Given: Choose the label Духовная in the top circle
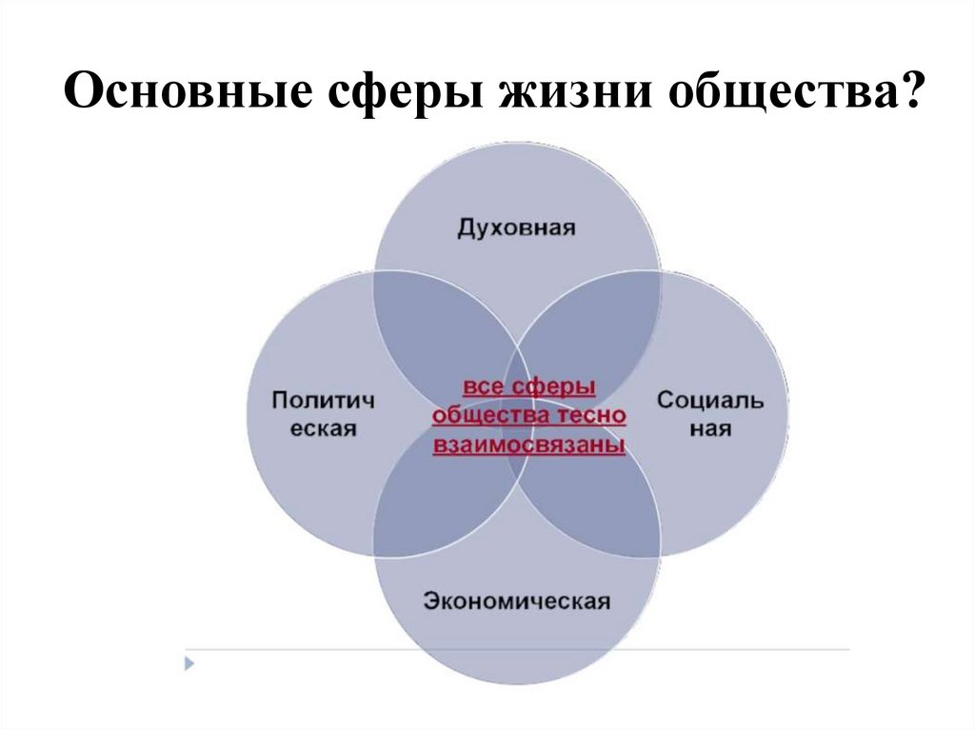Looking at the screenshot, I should [x=516, y=227].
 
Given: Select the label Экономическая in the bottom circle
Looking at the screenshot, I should [x=516, y=601].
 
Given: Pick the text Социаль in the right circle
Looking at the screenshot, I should [x=709, y=400].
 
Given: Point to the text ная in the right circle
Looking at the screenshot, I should [x=710, y=428].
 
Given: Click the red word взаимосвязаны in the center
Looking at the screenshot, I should [x=528, y=444].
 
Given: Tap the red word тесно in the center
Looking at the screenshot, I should [x=591, y=416].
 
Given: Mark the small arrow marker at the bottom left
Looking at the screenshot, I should [x=188, y=661].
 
